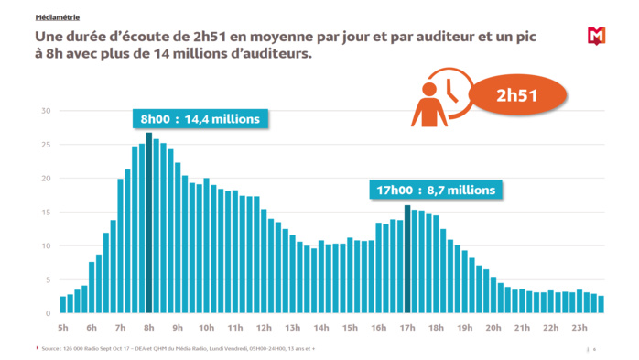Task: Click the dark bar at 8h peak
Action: click(148, 224)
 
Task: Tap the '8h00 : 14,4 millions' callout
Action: click(199, 119)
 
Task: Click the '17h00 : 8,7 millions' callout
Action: click(435, 191)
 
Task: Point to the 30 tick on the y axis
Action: click(46, 111)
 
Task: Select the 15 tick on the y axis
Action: click(46, 213)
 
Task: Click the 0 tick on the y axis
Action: click(49, 314)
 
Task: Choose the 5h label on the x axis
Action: click(63, 327)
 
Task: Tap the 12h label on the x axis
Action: click(264, 327)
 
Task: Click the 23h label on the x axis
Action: click(579, 327)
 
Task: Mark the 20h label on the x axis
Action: click(493, 327)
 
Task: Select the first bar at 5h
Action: click(63, 305)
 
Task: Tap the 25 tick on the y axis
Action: click(46, 145)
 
